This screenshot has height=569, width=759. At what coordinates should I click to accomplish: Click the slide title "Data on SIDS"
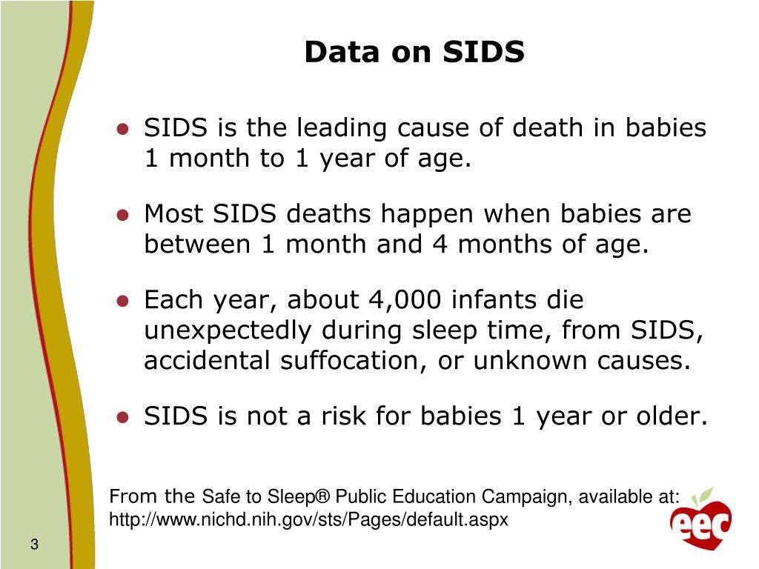(414, 53)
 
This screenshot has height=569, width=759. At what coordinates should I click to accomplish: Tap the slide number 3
(34, 546)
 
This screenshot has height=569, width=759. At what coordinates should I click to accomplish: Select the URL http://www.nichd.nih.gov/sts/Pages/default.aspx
(308, 520)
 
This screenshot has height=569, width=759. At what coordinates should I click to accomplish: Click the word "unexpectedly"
(228, 330)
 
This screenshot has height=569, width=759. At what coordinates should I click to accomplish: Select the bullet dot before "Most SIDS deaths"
(124, 215)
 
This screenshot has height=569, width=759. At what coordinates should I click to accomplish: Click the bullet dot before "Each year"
(124, 301)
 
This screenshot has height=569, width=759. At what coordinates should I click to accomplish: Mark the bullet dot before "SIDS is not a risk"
(124, 417)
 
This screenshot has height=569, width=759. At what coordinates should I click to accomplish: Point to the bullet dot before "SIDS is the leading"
(124, 129)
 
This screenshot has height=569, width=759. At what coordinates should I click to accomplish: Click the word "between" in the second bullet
(196, 244)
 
